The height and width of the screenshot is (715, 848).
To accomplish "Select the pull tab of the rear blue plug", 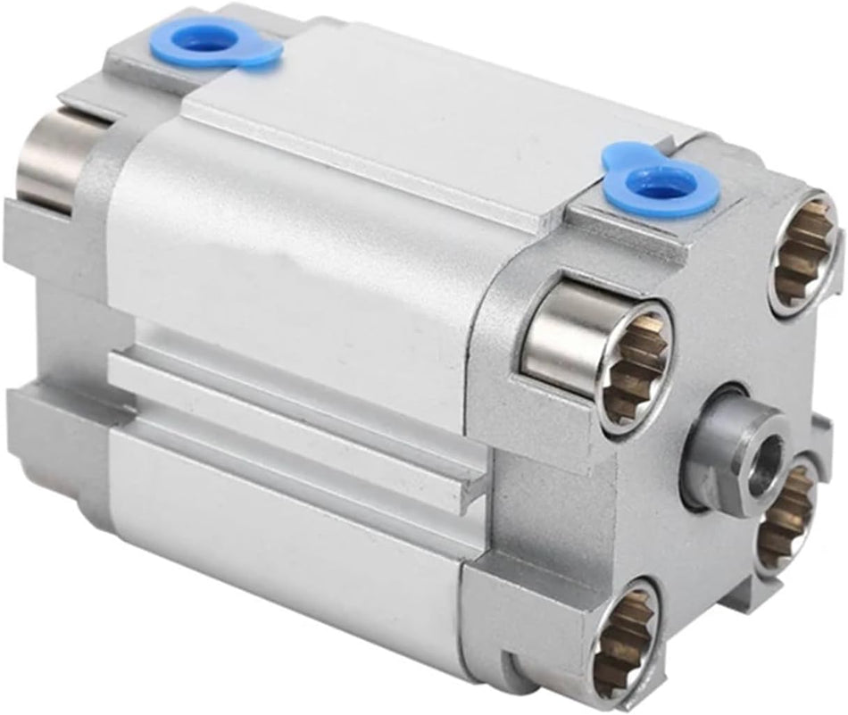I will [264, 54].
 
